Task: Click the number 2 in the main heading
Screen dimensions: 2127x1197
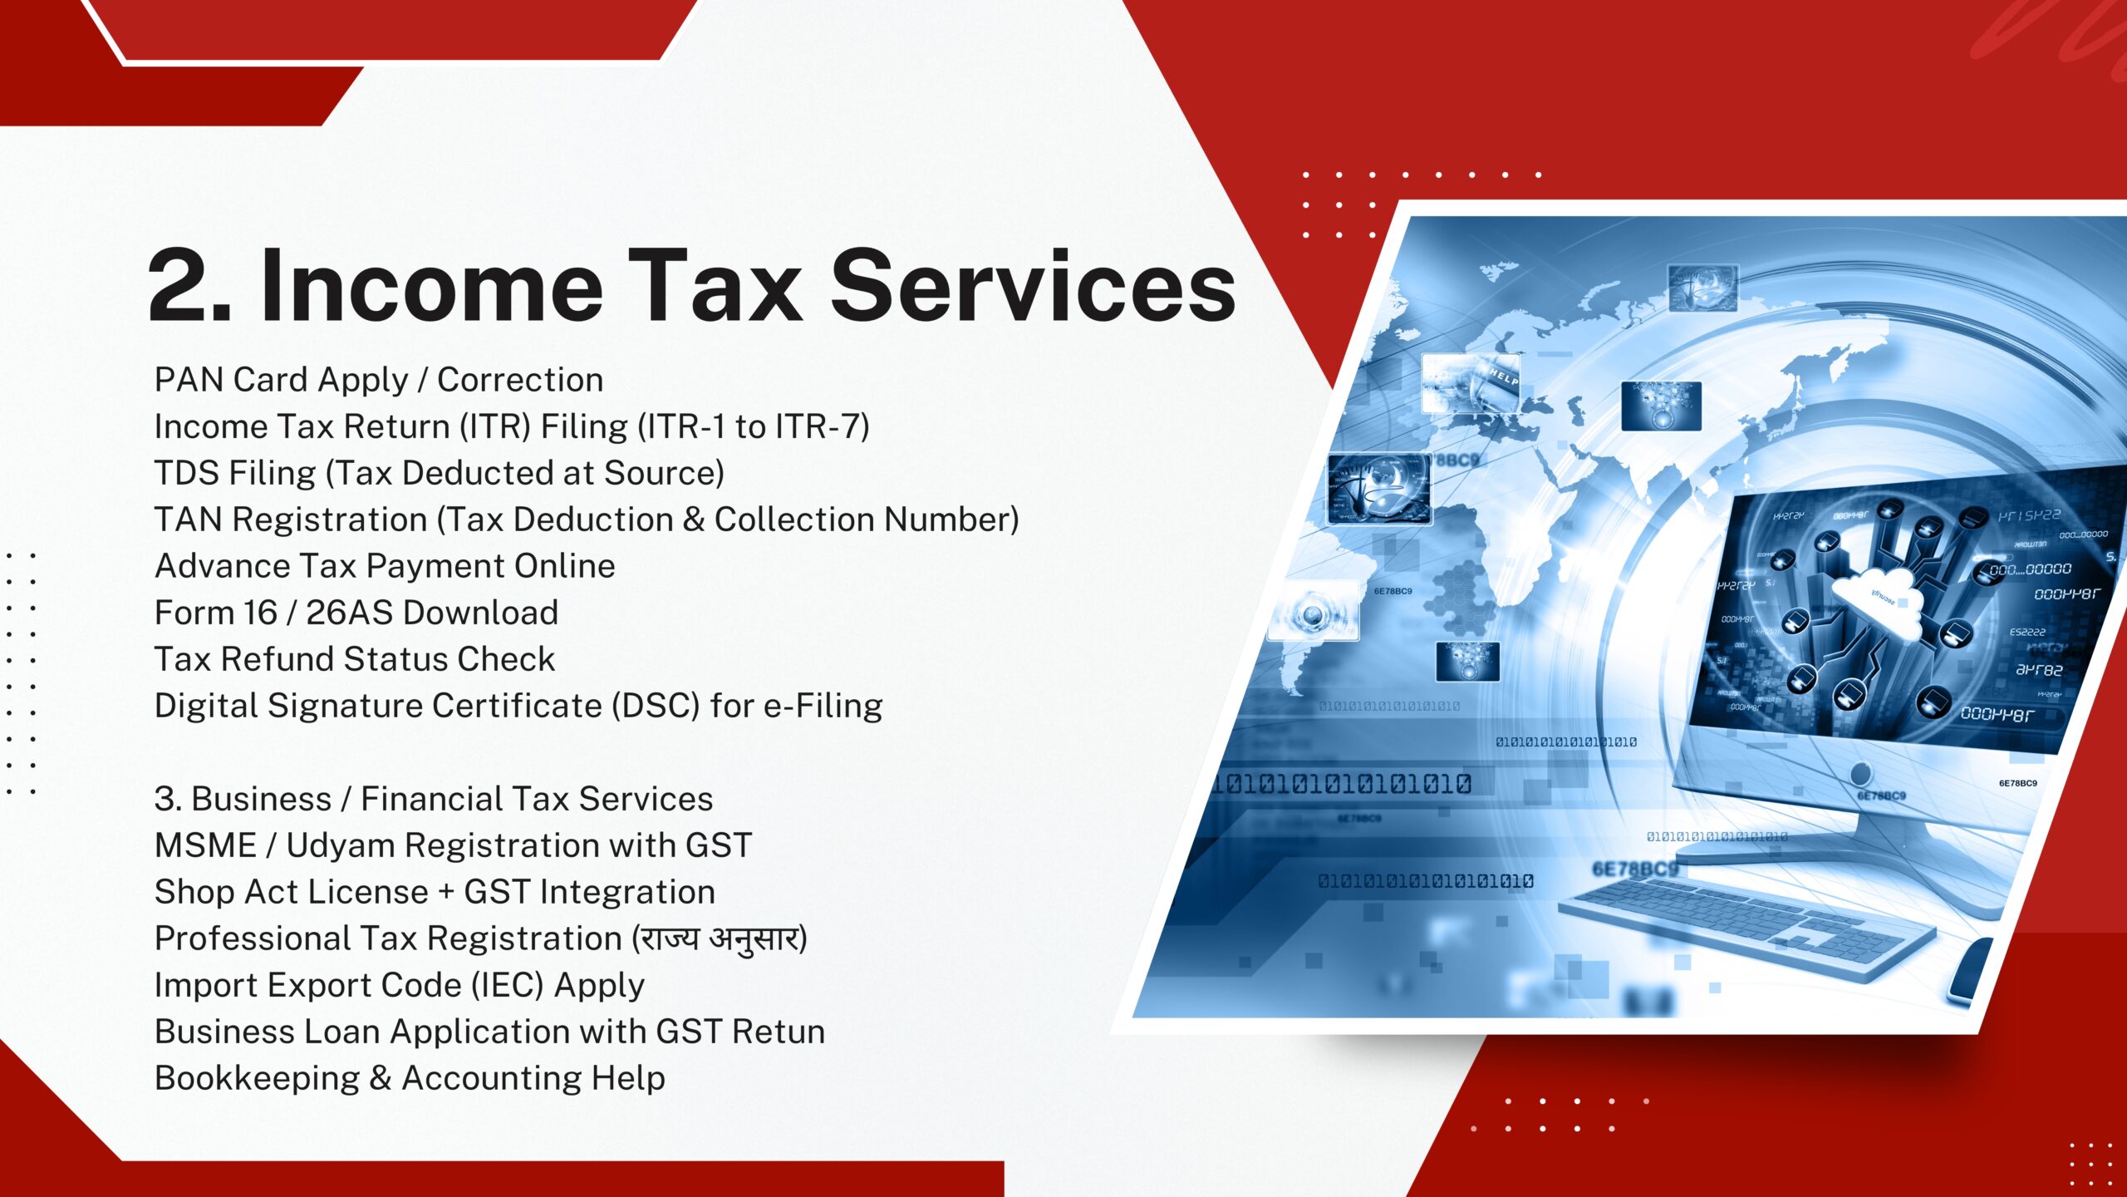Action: point(187,284)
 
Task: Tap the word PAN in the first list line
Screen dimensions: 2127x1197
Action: point(189,380)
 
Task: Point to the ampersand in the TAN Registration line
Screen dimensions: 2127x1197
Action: point(694,520)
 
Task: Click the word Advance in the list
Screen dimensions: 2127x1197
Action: point(222,566)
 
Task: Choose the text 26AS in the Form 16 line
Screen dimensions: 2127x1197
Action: point(349,613)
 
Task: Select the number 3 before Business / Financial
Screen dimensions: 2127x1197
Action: point(167,799)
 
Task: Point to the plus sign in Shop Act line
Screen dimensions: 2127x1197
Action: point(446,893)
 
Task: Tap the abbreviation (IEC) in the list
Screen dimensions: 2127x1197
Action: point(507,985)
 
